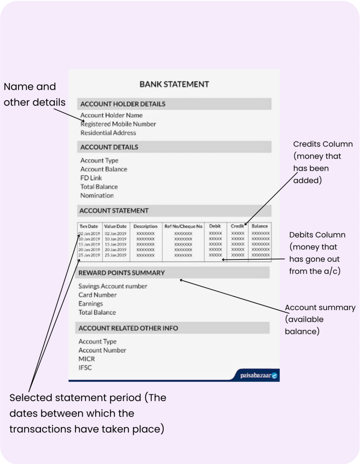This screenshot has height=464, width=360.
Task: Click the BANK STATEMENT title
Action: tap(174, 84)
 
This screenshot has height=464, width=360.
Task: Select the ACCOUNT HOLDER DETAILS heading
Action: tap(123, 104)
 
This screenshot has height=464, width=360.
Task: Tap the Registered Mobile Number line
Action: tap(118, 124)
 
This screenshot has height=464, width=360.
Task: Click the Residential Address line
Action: tap(108, 133)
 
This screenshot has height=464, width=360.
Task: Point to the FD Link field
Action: tap(91, 178)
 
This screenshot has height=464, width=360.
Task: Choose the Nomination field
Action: tap(97, 195)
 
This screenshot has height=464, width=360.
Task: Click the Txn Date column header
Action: tap(89, 226)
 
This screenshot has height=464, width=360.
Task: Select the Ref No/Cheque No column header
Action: tap(183, 226)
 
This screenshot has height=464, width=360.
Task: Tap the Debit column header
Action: tap(215, 226)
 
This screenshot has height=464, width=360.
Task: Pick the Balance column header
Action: tap(260, 226)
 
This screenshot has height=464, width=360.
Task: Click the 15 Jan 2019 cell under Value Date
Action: tap(116, 244)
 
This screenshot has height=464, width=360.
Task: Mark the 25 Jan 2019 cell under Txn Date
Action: tap(89, 255)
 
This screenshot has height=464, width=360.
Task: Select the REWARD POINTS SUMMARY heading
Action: tap(121, 273)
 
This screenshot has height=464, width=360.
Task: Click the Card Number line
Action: tap(98, 295)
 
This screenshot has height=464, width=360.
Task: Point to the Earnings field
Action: tap(91, 304)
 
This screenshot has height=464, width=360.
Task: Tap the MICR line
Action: tap(87, 359)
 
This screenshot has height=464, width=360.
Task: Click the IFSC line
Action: tap(85, 368)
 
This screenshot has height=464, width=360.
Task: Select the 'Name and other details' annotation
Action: tap(34, 94)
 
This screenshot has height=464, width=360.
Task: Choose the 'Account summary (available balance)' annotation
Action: tap(320, 319)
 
